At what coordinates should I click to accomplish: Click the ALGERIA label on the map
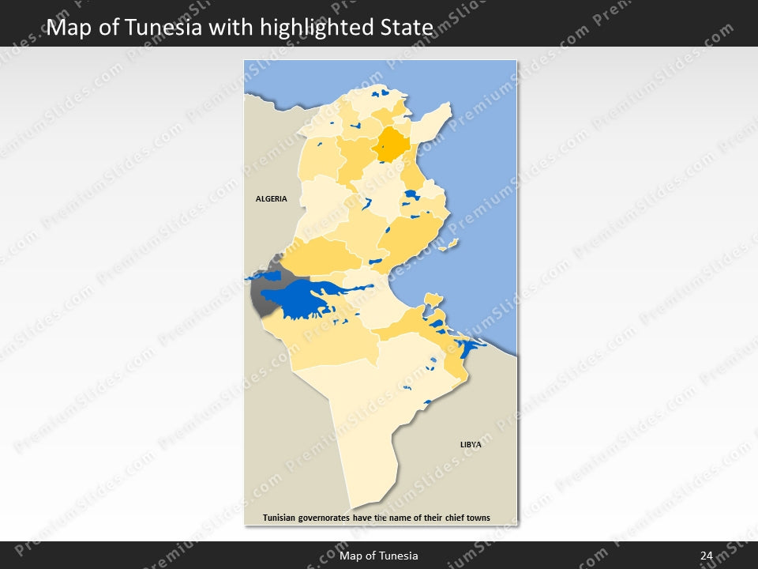point(271,199)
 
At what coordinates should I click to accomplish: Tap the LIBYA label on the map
point(471,445)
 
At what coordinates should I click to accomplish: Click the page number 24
point(706,556)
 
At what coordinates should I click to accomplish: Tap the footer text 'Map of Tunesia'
point(379,556)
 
